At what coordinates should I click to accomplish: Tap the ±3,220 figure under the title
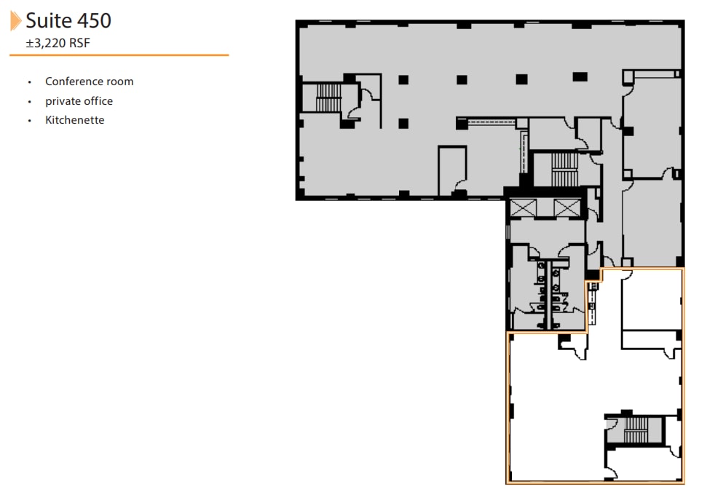(x=46, y=42)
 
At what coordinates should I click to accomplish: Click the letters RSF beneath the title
(x=79, y=42)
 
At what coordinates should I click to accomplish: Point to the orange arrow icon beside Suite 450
(x=15, y=20)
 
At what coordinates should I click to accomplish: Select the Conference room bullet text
(x=89, y=82)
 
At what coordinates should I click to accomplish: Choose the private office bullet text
(x=79, y=101)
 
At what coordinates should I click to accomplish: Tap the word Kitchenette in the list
(x=74, y=120)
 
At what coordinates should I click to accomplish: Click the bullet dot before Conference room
(x=29, y=82)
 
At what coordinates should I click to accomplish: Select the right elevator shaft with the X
(x=564, y=207)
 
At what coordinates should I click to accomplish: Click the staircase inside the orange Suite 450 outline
(x=635, y=429)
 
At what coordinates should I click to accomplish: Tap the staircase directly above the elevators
(x=563, y=169)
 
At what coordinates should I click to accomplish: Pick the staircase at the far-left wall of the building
(x=327, y=98)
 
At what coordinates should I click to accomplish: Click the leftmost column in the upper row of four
(x=403, y=79)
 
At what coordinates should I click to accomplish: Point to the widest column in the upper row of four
(x=580, y=76)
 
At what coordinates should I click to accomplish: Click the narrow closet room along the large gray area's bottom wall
(x=451, y=170)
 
